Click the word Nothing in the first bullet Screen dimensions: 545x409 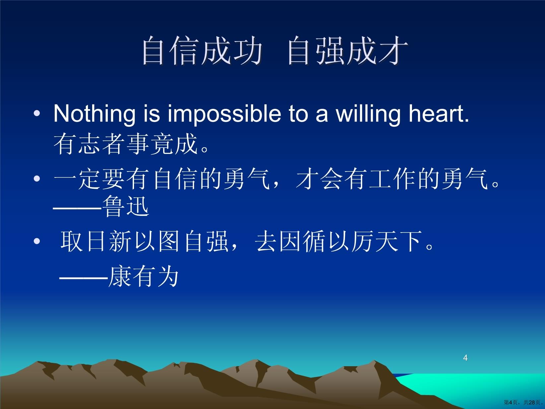94,114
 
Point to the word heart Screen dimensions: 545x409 439,114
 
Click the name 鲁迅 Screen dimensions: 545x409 126,206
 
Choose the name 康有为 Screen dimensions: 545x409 144,276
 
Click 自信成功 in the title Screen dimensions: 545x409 202,50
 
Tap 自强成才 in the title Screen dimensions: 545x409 348,50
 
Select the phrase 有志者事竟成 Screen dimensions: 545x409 126,144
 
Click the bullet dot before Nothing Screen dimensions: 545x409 37,113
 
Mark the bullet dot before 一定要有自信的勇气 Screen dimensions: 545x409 37,178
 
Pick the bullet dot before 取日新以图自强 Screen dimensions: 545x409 37,241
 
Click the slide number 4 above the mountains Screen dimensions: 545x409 465,358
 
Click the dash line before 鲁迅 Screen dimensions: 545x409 77,208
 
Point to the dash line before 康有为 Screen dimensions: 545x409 84,278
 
